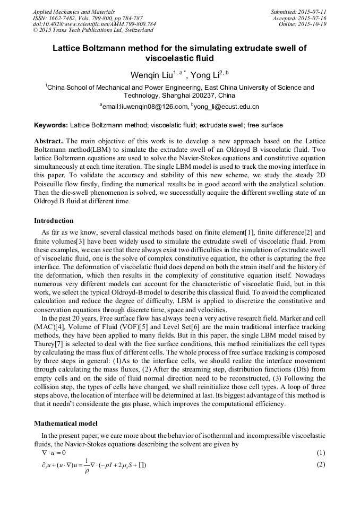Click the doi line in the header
click(94, 24)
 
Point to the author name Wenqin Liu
click(149, 75)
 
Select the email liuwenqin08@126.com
click(146, 107)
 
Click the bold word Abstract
click(49, 142)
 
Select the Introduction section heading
click(54, 220)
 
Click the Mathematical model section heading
click(66, 424)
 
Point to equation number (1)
click(320, 453)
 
